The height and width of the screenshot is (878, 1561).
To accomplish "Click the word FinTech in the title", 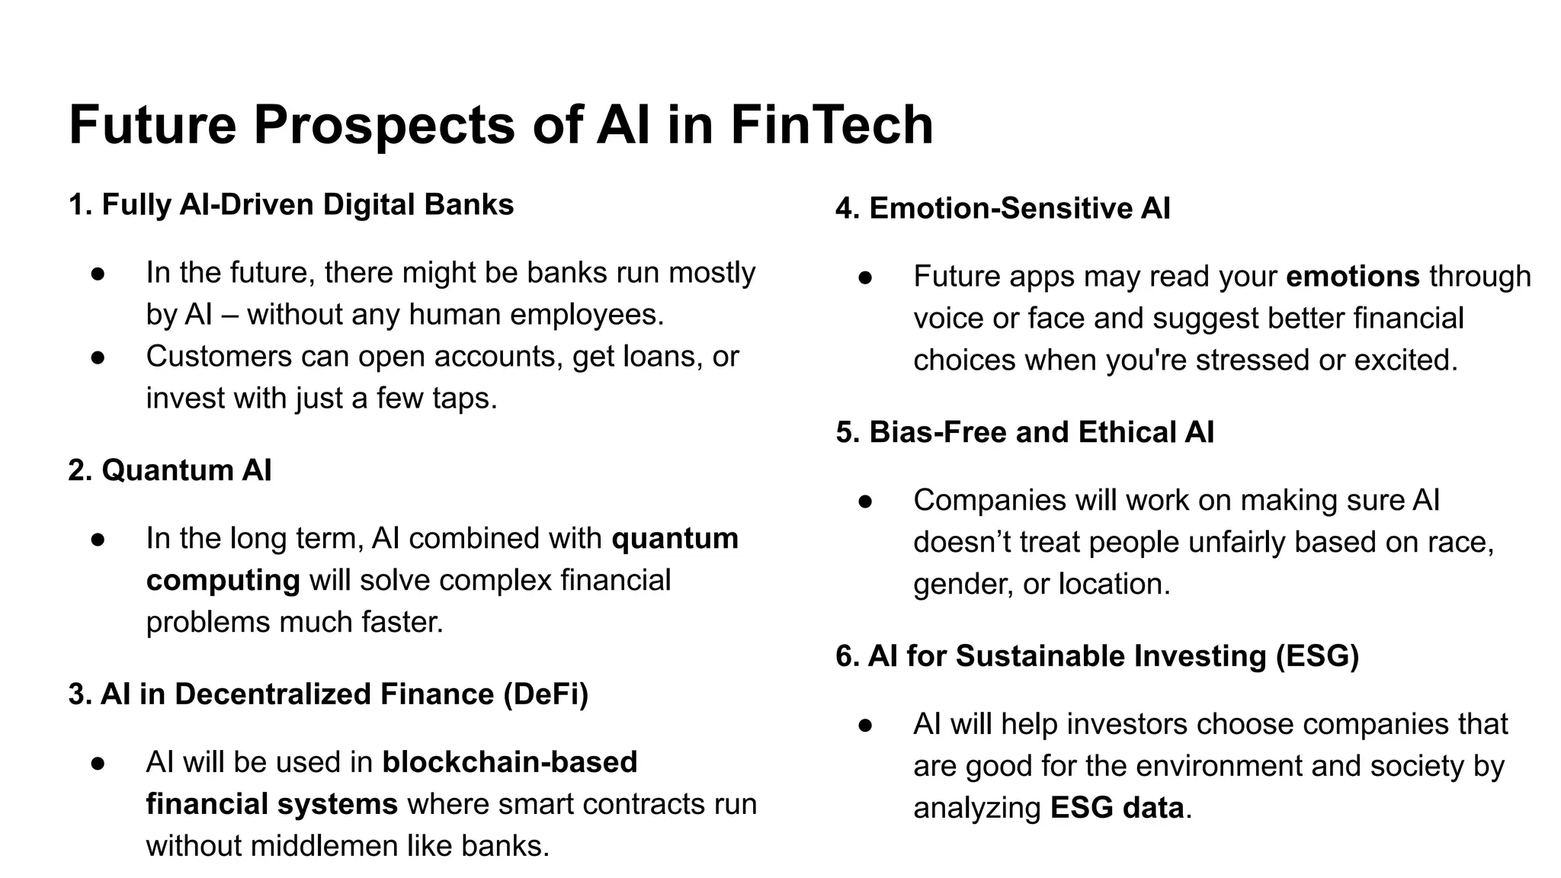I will click(832, 125).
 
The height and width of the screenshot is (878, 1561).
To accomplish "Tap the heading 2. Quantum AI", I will click(170, 470).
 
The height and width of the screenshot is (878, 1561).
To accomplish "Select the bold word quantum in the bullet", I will click(675, 539).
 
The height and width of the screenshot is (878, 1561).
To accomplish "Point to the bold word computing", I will click(223, 581).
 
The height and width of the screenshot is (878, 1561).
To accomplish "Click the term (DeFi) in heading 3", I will click(546, 694).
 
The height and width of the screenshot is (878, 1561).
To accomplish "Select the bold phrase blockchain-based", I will click(509, 763).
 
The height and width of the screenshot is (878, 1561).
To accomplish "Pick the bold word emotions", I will click(1352, 277).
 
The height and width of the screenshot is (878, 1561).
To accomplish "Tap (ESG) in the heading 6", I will click(1317, 656).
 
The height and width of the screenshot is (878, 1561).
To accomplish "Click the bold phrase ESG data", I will click(1117, 808).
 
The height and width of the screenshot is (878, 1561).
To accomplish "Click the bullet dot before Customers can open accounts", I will click(98, 357).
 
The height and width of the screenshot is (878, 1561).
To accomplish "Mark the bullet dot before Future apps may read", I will click(865, 277).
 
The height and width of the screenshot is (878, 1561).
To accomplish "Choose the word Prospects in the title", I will click(384, 125).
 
